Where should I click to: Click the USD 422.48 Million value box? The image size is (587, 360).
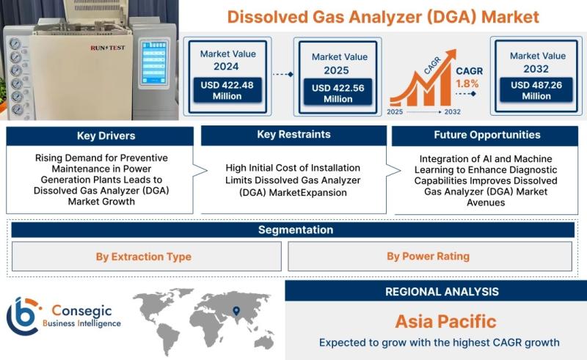coord(227,90)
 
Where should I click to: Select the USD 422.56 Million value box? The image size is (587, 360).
coord(338,93)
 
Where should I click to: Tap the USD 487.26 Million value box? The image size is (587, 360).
coord(536,89)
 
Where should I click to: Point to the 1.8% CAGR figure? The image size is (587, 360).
coord(467,84)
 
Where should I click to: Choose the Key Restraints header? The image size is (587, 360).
coord(293,135)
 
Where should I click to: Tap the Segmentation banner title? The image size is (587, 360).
coord(296,229)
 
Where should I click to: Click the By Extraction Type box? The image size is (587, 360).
coord(146,257)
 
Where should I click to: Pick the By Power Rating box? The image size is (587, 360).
coord(430,256)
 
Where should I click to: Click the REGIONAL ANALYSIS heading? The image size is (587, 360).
coord(442,292)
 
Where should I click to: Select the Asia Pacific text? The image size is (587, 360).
coord(445,321)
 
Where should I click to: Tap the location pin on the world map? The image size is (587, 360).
coord(236,311)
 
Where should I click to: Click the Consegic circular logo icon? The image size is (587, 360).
coord(23,316)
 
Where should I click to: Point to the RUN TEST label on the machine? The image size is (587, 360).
coord(107,48)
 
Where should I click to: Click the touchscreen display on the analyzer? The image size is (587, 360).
coord(154,62)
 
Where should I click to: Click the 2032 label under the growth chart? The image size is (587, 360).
coord(452,111)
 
